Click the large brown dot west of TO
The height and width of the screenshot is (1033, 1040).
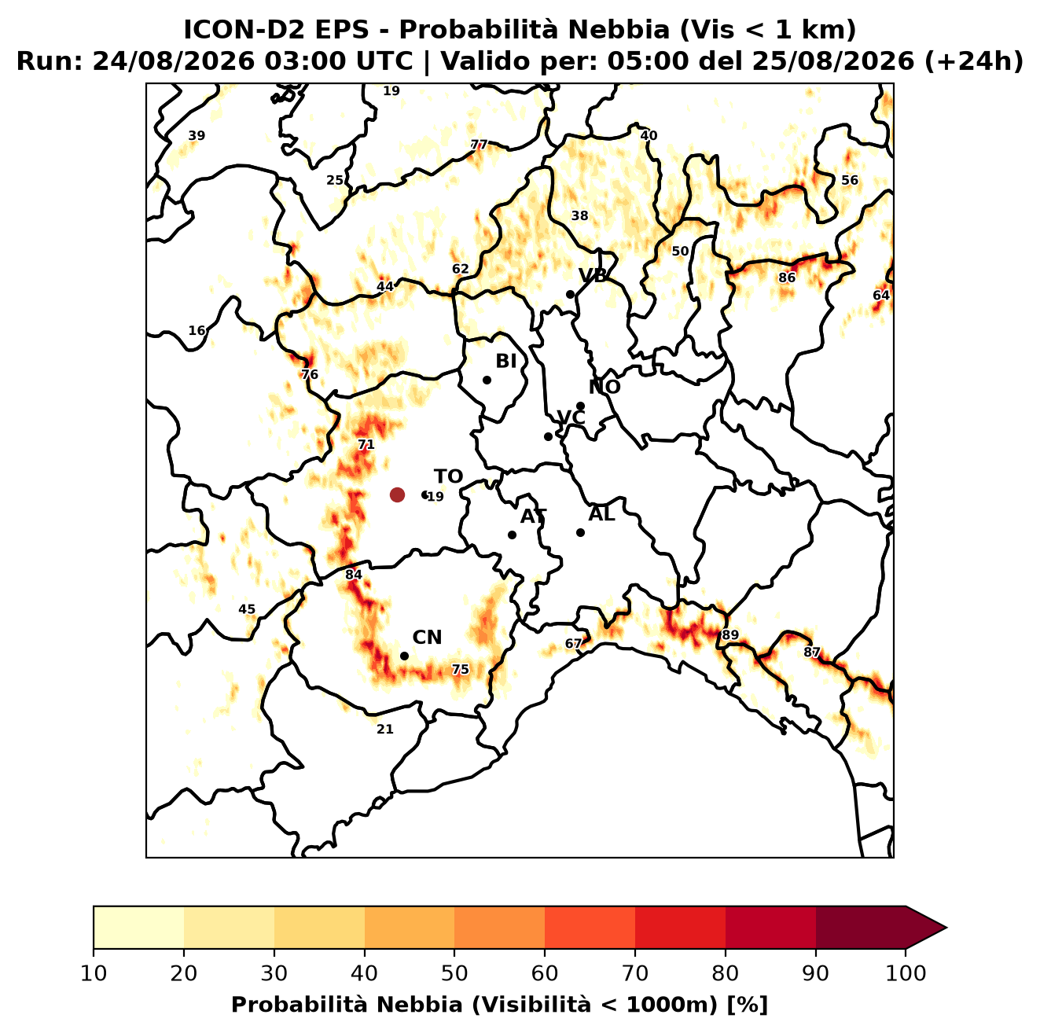click(397, 494)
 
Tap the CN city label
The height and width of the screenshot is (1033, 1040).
click(427, 638)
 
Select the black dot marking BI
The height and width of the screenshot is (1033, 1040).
click(487, 380)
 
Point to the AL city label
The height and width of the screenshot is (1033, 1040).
click(601, 514)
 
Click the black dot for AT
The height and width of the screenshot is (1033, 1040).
click(513, 535)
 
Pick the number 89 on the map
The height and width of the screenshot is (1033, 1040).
click(730, 635)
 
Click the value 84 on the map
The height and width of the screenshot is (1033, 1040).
click(354, 575)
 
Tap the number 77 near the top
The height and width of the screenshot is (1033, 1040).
click(479, 145)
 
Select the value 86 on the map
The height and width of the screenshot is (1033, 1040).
click(787, 278)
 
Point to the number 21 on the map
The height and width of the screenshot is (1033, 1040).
click(385, 730)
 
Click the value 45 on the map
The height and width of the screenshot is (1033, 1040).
click(247, 609)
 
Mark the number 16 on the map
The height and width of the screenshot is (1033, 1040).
click(197, 330)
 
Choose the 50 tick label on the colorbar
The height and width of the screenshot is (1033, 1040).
click(454, 973)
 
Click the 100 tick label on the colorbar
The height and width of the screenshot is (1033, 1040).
click(906, 973)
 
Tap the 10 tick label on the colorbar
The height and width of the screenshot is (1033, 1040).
click(94, 973)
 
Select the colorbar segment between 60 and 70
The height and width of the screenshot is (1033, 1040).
click(590, 928)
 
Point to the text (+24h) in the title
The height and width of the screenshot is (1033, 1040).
click(974, 61)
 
